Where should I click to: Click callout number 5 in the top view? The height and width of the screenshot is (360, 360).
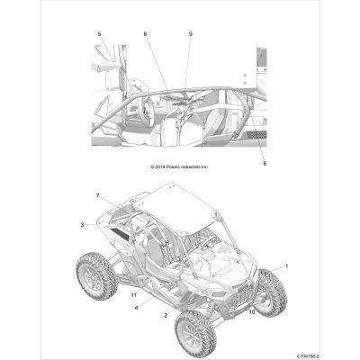coord(99,34)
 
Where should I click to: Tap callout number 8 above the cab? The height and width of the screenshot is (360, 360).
coord(145,34)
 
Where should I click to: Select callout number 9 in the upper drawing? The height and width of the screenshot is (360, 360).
coord(191,34)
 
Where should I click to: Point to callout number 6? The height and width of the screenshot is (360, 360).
coord(265,164)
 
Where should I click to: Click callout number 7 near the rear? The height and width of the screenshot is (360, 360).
coord(97,196)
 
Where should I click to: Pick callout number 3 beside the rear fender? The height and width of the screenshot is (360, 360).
coord(82,224)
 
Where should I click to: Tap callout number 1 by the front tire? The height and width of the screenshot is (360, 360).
coord(286,265)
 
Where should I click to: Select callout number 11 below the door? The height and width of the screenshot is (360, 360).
coord(134,295)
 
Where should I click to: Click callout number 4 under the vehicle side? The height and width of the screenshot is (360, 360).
coord(136,308)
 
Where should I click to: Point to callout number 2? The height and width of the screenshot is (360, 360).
coord(166,315)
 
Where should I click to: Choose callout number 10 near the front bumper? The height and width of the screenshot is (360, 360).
coord(252,311)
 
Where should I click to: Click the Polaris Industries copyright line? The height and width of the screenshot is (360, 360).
coord(179,166)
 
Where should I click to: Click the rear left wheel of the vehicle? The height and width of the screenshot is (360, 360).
coord(96,277)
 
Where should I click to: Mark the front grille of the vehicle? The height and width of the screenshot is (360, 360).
coord(238,297)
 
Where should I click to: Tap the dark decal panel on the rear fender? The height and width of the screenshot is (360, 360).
coord(120,233)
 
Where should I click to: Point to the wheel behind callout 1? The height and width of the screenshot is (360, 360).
coord(270,292)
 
